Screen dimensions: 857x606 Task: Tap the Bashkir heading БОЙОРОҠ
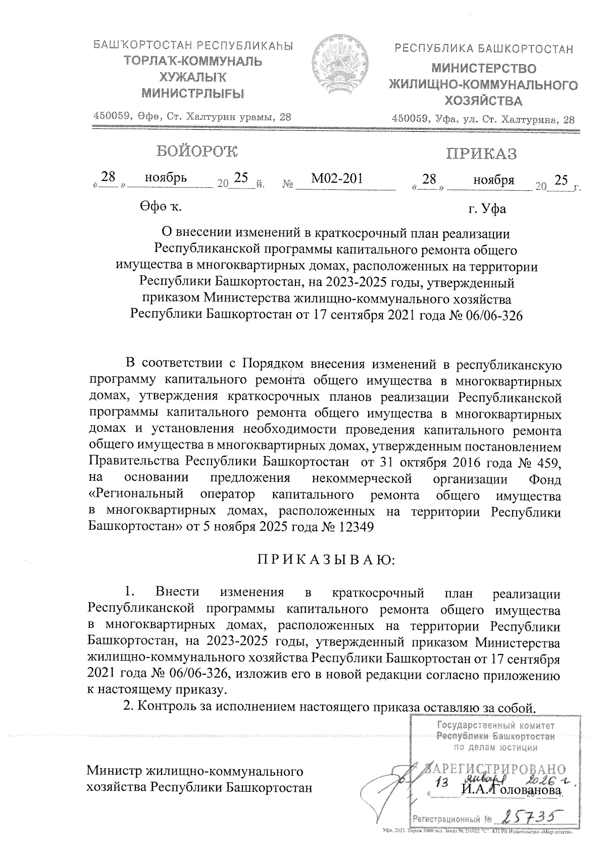click(197, 152)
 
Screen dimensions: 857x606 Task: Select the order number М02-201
click(337, 178)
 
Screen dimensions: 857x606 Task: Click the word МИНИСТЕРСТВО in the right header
click(484, 68)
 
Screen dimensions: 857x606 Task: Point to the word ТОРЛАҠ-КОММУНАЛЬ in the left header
click(194, 62)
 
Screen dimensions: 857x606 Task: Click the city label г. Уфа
click(487, 209)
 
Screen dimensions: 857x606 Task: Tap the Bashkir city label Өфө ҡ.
click(161, 207)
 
